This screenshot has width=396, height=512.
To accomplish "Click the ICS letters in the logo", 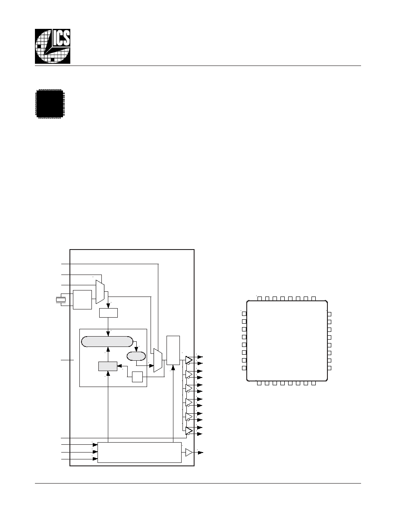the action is click(61, 38).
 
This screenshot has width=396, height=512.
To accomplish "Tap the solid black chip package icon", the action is click(50, 103).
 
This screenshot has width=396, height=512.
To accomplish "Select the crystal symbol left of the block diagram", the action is click(60, 300).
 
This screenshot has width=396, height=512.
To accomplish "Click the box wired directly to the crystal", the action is click(82, 300).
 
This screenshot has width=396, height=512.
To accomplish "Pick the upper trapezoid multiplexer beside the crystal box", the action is click(100, 292).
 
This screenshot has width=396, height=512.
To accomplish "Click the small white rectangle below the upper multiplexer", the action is click(108, 313).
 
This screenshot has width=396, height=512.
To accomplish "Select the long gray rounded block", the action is click(107, 342).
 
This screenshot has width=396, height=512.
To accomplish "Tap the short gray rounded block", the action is click(136, 356).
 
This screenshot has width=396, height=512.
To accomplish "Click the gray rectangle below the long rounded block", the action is click(108, 366).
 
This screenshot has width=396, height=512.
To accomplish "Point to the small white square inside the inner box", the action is click(138, 377).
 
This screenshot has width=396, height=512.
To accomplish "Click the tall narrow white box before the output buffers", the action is click(173, 350).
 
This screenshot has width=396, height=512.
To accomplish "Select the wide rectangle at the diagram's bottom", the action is click(139, 453).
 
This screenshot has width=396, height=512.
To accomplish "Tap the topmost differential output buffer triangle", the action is click(189, 360).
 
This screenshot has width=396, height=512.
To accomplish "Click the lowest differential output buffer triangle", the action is click(189, 431).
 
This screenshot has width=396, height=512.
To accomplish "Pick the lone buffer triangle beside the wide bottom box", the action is click(189, 453).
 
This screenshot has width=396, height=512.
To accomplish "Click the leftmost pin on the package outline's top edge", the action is click(260, 298).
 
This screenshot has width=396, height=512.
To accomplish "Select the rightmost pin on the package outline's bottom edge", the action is click(314, 383).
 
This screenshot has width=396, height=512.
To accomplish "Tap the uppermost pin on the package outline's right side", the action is click(329, 314).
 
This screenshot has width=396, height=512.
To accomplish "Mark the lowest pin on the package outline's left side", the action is click(244, 368).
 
